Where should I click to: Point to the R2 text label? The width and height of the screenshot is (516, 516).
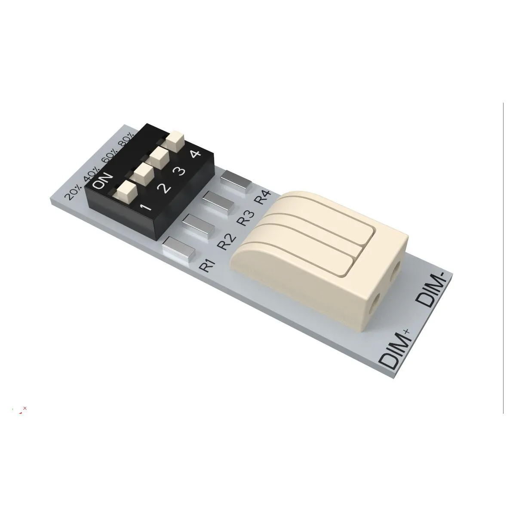(x=225, y=242)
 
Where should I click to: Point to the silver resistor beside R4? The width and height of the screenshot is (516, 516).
(x=235, y=181)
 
